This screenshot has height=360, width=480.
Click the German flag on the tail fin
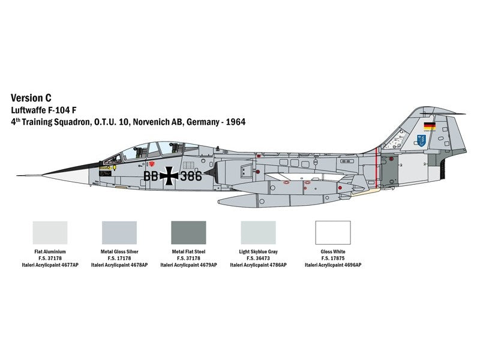[x=430, y=126]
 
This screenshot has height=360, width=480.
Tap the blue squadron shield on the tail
[x=421, y=140]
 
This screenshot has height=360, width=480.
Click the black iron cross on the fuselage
[x=169, y=176]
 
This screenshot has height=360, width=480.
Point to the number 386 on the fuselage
[x=191, y=176]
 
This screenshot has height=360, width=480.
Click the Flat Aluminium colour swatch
[x=50, y=233]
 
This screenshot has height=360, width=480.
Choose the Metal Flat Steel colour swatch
[x=188, y=233]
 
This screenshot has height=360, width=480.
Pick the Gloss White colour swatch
[x=333, y=233]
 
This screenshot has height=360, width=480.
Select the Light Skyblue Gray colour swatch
[x=258, y=233]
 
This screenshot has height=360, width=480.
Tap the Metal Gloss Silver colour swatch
[x=119, y=233]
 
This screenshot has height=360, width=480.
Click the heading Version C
[x=31, y=98]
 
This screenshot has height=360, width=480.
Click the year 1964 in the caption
[x=235, y=122]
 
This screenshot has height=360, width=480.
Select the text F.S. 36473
[x=258, y=259]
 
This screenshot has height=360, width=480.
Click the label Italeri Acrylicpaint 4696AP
[x=333, y=265]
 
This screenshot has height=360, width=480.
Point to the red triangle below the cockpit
[x=151, y=164]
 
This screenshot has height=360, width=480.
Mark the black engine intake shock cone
[x=210, y=172]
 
